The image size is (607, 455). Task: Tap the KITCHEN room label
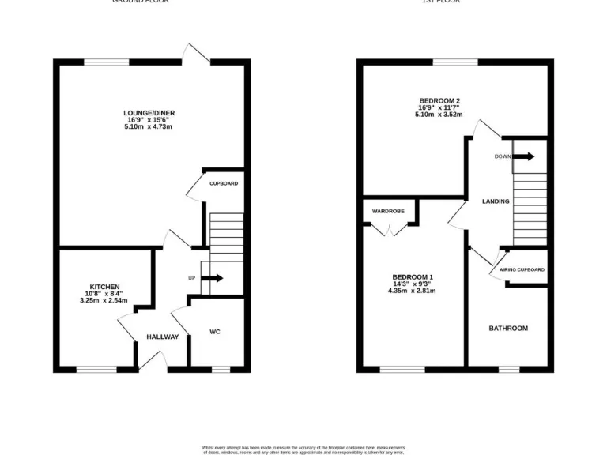[104, 286]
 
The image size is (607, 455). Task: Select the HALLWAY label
[162, 337]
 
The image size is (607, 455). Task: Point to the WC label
[214, 332]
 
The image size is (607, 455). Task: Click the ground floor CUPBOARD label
[224, 183]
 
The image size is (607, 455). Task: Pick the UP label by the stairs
[191, 278]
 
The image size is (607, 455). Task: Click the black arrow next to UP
[213, 278]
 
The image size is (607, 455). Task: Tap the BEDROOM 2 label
[439, 100]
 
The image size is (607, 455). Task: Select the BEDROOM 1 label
[412, 276]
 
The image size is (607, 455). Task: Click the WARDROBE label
[389, 211]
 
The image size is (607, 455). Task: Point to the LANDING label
[496, 201]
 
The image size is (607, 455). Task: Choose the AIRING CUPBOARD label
[522, 270]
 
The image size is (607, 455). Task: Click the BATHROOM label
[507, 328]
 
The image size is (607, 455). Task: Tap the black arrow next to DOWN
[525, 156]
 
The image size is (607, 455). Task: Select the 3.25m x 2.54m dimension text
[104, 300]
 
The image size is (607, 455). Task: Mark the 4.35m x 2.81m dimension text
[412, 291]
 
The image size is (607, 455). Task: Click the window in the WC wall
[221, 368]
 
